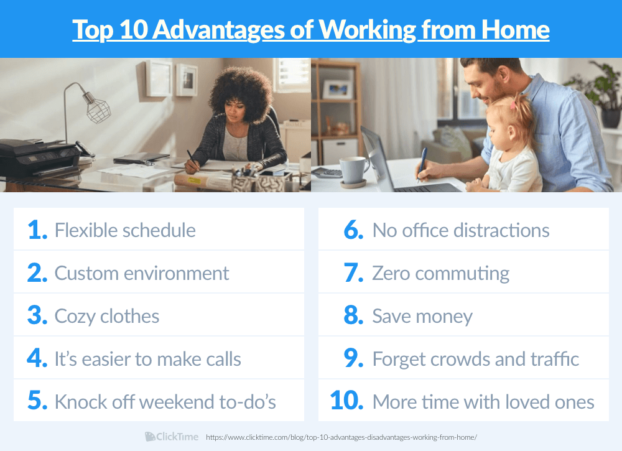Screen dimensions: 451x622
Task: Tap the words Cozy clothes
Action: coord(107,316)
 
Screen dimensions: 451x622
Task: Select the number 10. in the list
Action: coord(346,401)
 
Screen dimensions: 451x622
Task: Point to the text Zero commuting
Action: coord(440,273)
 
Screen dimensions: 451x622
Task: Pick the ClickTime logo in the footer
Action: coord(172,437)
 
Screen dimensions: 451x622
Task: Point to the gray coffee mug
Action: coord(354,170)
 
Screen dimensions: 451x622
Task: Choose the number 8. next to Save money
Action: coord(353,316)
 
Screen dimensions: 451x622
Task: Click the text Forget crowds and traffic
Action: coord(475,359)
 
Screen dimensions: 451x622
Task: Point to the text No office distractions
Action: coord(460,230)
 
